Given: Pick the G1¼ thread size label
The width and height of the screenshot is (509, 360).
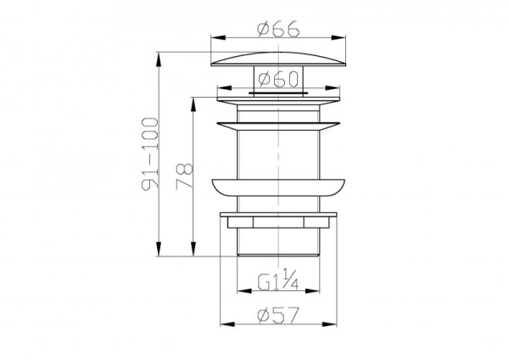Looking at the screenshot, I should pyautogui.click(x=277, y=280).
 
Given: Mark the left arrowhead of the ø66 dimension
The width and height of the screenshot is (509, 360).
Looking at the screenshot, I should pyautogui.click(x=214, y=37).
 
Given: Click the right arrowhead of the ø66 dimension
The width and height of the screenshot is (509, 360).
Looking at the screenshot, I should pyautogui.click(x=342, y=37).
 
